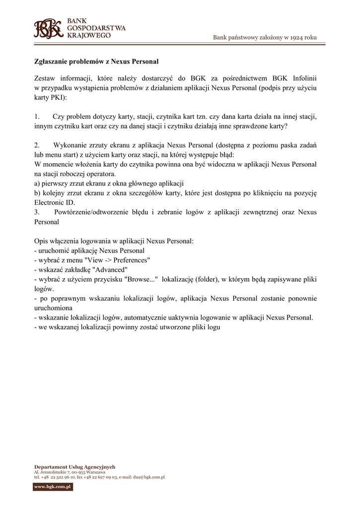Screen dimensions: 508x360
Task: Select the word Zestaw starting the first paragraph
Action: [45, 78]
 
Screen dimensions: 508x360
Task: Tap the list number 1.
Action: [37, 117]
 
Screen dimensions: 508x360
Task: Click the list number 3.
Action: [37, 212]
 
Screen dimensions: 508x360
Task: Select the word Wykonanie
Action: [70, 145]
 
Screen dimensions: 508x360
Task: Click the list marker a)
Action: [37, 184]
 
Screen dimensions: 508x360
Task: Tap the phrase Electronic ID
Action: [55, 203]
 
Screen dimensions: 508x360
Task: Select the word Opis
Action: [41, 241]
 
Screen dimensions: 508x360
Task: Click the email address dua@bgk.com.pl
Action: [148, 477]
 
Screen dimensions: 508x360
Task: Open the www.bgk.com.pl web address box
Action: [53, 487]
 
